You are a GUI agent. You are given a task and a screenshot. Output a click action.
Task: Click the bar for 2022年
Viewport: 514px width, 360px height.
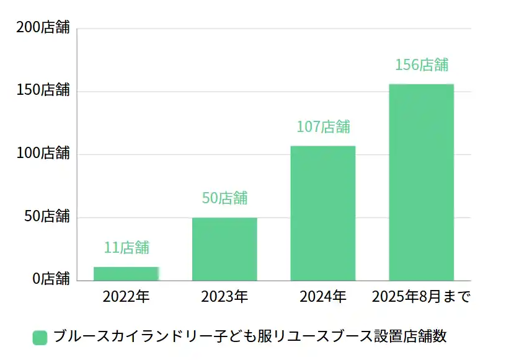(x=126, y=273)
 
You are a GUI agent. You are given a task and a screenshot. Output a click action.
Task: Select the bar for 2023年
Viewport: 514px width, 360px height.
(x=224, y=248)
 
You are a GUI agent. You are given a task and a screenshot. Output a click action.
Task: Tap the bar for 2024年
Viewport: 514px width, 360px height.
(x=323, y=213)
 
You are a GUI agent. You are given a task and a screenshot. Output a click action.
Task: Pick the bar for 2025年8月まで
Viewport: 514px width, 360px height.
(x=422, y=182)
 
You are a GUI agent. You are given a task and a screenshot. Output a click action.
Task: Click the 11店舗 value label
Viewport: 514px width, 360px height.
(x=126, y=247)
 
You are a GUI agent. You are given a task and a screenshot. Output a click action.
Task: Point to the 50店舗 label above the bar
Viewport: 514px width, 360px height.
(x=224, y=198)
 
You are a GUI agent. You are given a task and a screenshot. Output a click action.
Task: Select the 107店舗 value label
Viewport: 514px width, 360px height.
(x=323, y=126)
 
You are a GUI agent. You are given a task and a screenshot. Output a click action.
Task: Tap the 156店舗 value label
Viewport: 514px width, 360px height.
(x=422, y=64)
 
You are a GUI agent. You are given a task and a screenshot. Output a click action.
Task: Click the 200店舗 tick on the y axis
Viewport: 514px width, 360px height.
(x=43, y=28)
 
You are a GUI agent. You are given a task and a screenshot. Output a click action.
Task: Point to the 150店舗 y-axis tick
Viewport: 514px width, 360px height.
(x=43, y=90)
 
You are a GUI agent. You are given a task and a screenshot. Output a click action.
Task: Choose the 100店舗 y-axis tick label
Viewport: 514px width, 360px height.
(x=43, y=153)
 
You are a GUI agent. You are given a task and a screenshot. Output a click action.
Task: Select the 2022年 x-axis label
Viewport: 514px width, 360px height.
(x=126, y=296)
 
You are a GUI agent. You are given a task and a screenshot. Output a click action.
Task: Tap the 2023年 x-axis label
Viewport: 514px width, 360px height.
(x=224, y=296)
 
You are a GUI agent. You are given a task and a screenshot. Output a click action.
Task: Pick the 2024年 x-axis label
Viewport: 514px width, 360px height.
(x=323, y=296)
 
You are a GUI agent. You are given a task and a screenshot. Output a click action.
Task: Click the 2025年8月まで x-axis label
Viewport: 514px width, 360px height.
(x=422, y=296)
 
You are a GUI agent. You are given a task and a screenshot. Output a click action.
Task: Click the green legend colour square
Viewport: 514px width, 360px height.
(x=40, y=337)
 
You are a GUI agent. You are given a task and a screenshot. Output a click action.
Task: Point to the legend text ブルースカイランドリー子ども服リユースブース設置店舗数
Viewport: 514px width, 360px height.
(x=250, y=336)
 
